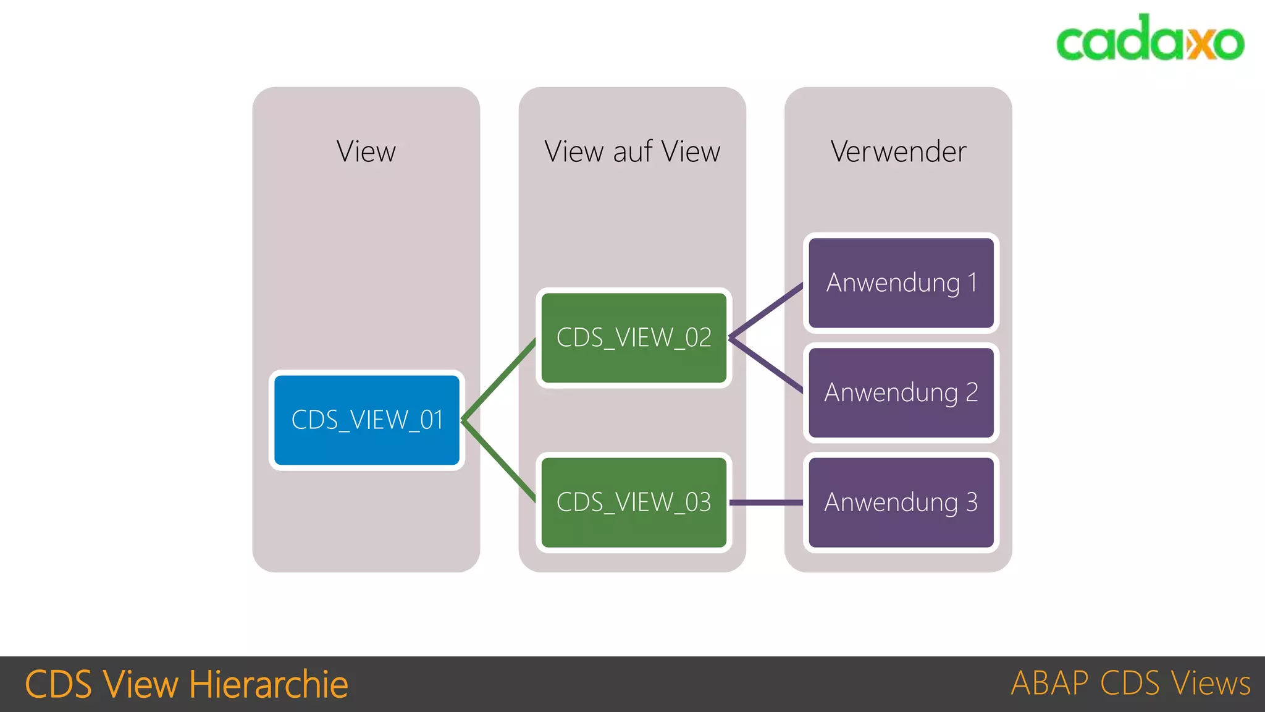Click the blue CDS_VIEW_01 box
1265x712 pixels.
[367, 420]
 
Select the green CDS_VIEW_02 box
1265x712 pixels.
[634, 338]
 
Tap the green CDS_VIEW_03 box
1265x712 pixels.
[634, 502]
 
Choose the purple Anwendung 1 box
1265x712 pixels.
[901, 283]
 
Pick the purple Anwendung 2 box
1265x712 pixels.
[901, 392]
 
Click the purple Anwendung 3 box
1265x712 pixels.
[901, 502]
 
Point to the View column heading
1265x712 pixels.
[366, 152]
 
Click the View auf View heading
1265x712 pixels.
[632, 152]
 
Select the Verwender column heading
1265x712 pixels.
[898, 152]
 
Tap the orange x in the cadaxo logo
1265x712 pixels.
[1199, 43]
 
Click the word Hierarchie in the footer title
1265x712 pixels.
[269, 685]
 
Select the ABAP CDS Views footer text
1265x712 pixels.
[1130, 684]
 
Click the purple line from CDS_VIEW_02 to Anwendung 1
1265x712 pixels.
[767, 311]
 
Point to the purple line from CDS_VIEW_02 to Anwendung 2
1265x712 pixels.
[767, 365]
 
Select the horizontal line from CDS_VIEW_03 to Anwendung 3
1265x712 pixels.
[767, 502]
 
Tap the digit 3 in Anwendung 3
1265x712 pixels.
[972, 502]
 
